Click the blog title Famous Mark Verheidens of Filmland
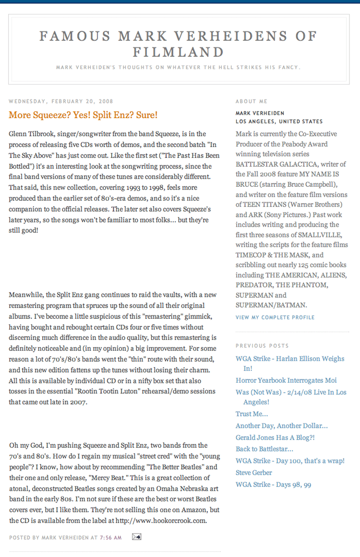click(x=179, y=44)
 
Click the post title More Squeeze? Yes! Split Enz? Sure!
click(x=83, y=115)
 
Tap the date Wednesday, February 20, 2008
click(x=61, y=101)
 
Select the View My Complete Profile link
click(x=275, y=317)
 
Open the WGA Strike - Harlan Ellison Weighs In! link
click(x=290, y=359)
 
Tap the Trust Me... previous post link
click(x=252, y=414)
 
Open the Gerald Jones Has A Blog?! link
click(x=275, y=437)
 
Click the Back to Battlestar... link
click(x=264, y=449)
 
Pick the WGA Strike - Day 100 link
click(x=290, y=461)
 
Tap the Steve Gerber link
click(x=254, y=472)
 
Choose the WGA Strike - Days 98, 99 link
click(x=273, y=484)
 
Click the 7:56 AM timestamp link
click(x=110, y=537)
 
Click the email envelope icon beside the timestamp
click(x=136, y=537)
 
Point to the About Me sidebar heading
click(x=252, y=101)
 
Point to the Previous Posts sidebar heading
click(x=262, y=346)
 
